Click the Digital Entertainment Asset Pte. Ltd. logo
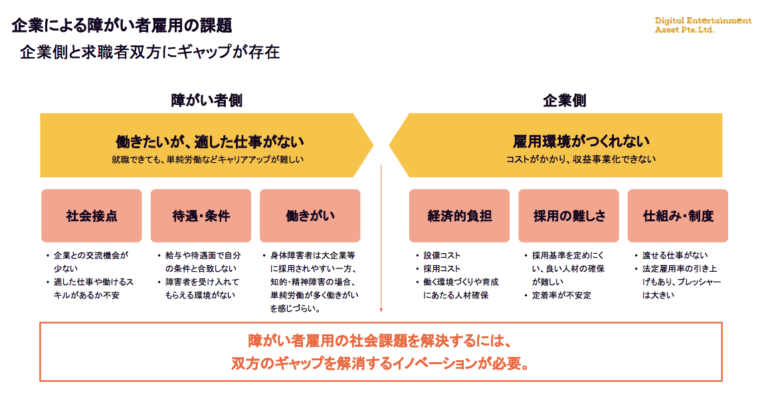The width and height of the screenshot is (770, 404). click(703, 25)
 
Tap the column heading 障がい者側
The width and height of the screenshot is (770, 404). click(207, 100)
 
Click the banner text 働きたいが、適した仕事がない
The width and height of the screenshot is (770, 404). click(209, 142)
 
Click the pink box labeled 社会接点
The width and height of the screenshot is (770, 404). click(92, 216)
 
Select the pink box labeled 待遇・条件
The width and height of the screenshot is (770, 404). click(201, 216)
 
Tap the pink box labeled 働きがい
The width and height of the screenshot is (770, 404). click(310, 216)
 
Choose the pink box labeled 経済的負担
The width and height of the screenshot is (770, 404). click(459, 216)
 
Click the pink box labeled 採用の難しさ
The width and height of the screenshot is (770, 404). click(569, 216)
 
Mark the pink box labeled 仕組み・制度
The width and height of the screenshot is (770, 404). click(678, 216)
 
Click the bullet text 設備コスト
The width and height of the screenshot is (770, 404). click(442, 256)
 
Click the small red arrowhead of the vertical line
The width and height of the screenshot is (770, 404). click(381, 310)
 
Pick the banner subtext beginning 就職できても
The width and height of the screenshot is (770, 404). click(209, 159)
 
